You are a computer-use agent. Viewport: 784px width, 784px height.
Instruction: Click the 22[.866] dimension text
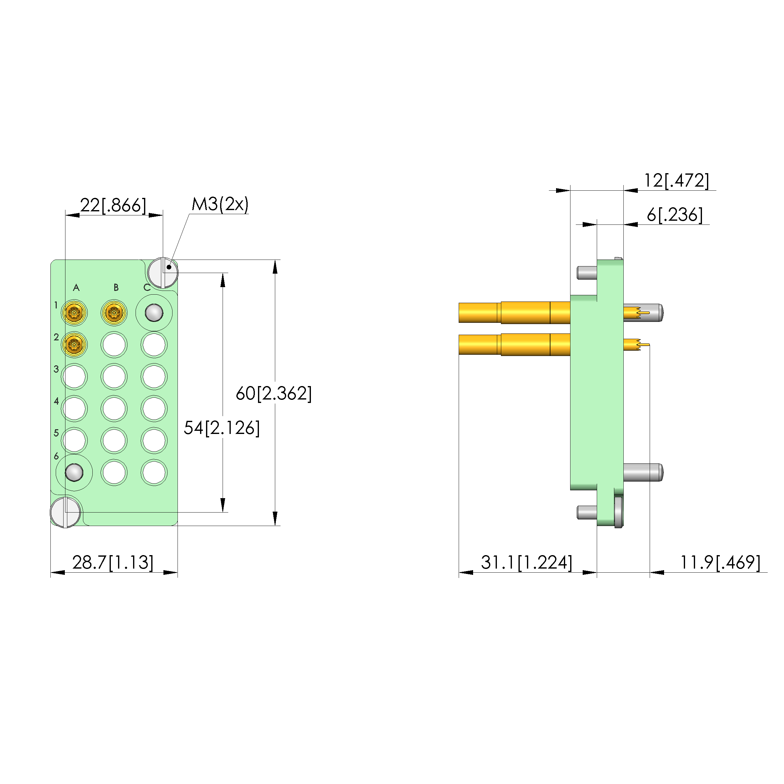[x=113, y=205]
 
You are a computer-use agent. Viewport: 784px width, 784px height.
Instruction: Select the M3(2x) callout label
[x=220, y=204]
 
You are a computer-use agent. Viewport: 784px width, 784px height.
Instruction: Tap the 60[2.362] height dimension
[x=274, y=393]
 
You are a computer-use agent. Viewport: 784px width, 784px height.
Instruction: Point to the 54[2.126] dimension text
[x=222, y=428]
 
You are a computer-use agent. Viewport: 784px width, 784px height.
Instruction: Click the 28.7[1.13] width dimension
[x=113, y=562]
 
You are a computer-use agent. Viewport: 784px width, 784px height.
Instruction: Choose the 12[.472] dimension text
[x=677, y=181]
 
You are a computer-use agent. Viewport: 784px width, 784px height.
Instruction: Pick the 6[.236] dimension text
[x=675, y=215]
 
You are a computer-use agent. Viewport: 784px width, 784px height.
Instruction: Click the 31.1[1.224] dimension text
[x=527, y=562]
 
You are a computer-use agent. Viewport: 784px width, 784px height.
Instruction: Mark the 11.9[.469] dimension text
[x=720, y=562]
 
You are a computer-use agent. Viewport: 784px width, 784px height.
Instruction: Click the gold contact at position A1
[x=74, y=313]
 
